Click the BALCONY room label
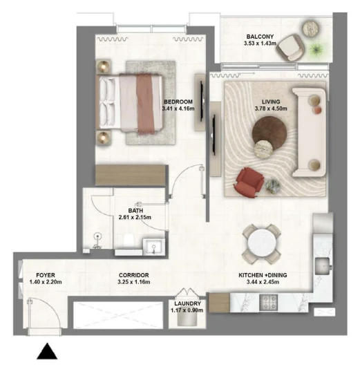pyautogui.click(x=260, y=37)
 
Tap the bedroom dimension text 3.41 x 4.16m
pyautogui.click(x=178, y=109)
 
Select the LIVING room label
pyautogui.click(x=271, y=102)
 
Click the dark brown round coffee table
pyautogui.click(x=269, y=133)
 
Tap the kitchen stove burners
pyautogui.click(x=269, y=303)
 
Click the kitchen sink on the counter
pyautogui.click(x=323, y=266)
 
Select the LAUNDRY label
pyautogui.click(x=187, y=303)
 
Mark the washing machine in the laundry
pyautogui.click(x=187, y=319)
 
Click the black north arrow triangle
pyautogui.click(x=47, y=351)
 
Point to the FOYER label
pyautogui.click(x=46, y=275)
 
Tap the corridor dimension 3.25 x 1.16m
pyautogui.click(x=134, y=282)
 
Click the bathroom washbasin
pyautogui.click(x=153, y=247)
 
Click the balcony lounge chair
pyautogui.click(x=290, y=48)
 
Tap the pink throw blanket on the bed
pyautogui.click(x=145, y=104)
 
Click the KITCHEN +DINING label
pyautogui.click(x=263, y=275)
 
